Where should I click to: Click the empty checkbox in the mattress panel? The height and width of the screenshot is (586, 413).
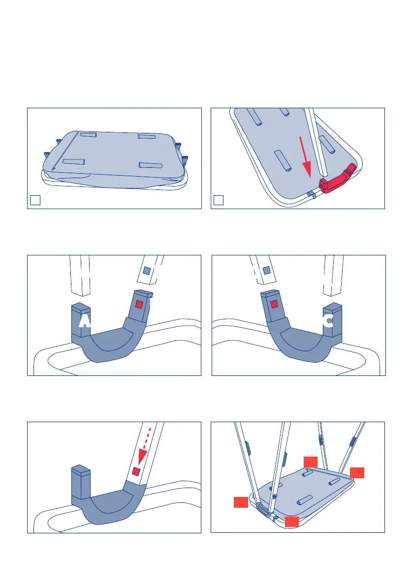(x=35, y=200)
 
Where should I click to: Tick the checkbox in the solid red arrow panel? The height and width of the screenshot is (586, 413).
(x=219, y=200)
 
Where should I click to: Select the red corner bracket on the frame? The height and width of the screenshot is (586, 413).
(x=338, y=179)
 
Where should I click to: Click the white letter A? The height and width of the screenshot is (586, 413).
(x=85, y=321)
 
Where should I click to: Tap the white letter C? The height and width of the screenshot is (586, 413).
(x=328, y=321)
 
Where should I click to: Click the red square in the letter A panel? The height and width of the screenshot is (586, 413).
(x=139, y=305)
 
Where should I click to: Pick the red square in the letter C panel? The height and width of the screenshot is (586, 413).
(x=274, y=304)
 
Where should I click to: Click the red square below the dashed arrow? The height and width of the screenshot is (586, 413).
(x=136, y=471)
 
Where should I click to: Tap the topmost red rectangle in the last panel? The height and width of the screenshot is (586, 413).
(x=311, y=462)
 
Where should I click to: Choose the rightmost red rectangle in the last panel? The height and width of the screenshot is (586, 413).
(x=357, y=473)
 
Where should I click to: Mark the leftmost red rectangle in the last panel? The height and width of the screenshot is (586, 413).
(x=241, y=502)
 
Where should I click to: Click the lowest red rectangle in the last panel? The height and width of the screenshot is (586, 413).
(x=292, y=522)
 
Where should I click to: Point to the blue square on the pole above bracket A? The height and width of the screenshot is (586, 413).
(x=147, y=271)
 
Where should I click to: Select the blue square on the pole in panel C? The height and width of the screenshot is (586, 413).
(x=266, y=270)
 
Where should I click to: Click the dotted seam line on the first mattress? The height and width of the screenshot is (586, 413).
(x=65, y=151)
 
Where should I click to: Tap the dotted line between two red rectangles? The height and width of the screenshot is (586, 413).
(x=328, y=473)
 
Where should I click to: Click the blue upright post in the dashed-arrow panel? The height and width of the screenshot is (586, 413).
(x=81, y=482)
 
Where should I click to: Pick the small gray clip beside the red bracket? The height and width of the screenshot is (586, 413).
(x=311, y=194)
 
